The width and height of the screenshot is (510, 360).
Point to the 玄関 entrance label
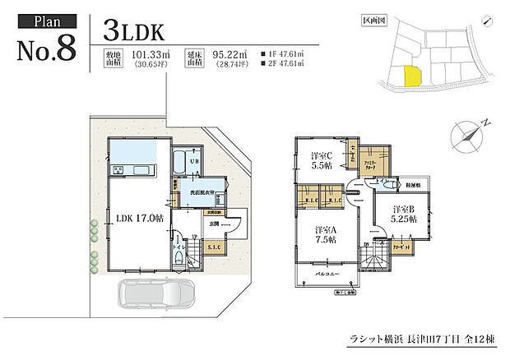tap(213, 223)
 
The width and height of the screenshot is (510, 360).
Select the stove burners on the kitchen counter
tap(117, 171)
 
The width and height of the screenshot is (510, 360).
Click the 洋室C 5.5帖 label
tap(321, 159)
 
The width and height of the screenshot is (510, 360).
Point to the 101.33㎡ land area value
tap(146, 57)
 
